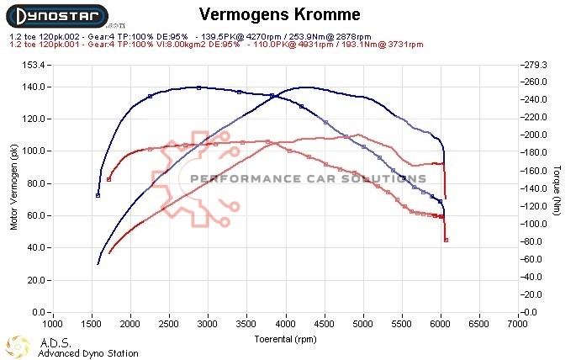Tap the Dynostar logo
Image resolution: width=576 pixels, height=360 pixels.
coord(55,17)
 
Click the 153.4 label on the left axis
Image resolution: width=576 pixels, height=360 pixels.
coord(33,65)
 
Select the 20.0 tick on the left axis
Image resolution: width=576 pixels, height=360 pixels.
coord(35,280)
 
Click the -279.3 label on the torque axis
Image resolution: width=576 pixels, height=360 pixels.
coord(536,65)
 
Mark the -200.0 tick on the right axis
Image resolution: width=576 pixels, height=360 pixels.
coord(536,135)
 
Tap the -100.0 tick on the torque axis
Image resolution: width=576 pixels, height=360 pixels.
coord(536,224)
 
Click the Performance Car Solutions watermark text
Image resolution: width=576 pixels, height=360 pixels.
coord(308,178)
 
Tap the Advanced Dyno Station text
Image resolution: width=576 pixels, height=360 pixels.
coord(87,353)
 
